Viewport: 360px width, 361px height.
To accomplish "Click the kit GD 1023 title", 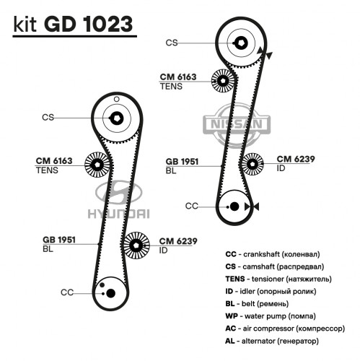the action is pos(73,25).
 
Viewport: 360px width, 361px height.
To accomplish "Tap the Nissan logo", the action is pos(237,124).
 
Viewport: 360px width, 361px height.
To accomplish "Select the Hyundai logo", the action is pos(118,200).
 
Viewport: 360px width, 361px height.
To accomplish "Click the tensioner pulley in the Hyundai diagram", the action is pos(97,165).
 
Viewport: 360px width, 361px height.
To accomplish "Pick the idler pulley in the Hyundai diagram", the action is pos(136,245).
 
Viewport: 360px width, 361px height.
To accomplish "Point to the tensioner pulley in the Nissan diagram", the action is pos(223,81).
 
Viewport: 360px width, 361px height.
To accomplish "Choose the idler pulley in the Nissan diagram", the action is pos(253,164).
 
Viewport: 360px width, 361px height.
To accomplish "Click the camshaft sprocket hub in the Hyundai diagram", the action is pos(117,118).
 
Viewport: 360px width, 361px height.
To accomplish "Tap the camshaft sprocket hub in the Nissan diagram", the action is pos(241,43).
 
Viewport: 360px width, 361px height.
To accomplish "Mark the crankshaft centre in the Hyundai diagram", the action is pos(110,293).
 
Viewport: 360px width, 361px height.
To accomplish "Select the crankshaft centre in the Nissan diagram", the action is pos(234,206).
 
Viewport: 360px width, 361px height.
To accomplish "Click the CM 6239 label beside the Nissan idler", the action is pos(296,159).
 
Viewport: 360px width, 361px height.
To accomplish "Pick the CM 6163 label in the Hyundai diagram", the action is pos(54,161).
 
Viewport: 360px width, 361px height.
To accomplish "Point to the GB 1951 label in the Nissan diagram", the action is pos(182,162).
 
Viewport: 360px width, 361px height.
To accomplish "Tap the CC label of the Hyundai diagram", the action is pos(67,292).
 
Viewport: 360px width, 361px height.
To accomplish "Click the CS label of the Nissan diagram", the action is pos(172,43).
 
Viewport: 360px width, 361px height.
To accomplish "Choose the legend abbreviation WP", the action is pos(232,316).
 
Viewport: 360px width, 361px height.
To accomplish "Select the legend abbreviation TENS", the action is pos(235,279).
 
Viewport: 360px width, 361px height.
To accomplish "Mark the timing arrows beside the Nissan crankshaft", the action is pos(252,206).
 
